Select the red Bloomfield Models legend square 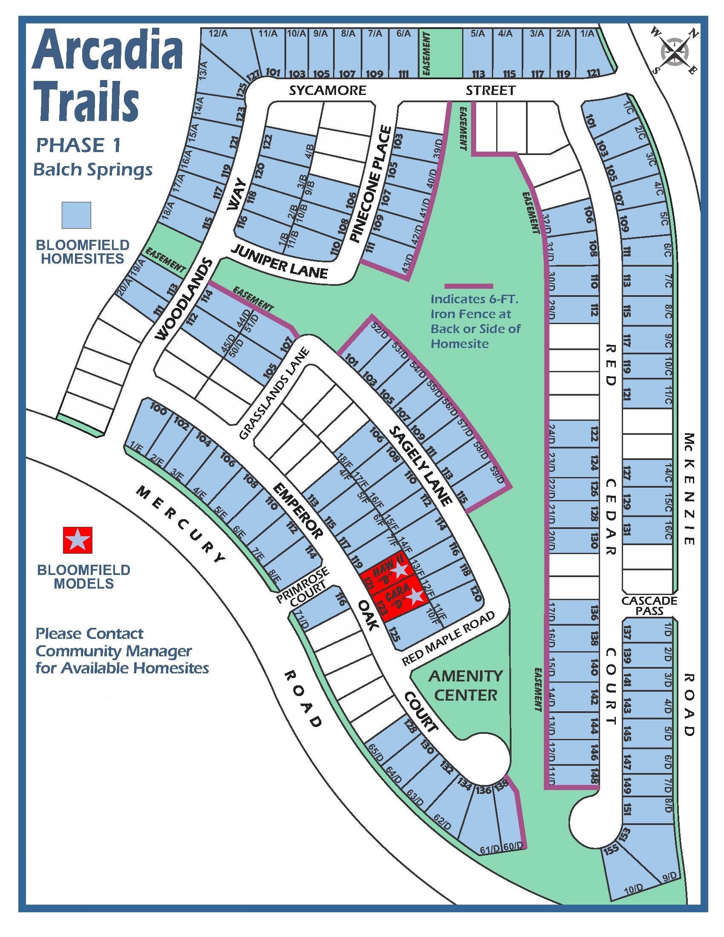click(78, 540)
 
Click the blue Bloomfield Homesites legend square click(76, 215)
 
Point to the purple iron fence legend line click(468, 286)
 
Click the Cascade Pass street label click(649, 606)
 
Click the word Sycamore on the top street click(327, 91)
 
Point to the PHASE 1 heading click(78, 146)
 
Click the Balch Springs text click(93, 170)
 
